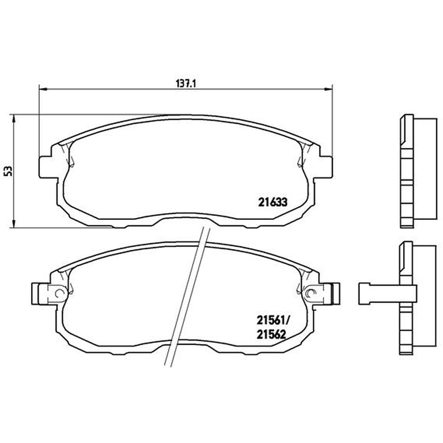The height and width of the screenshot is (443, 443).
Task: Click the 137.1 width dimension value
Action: coord(186,84)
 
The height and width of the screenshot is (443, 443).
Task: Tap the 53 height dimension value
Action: coord(8,171)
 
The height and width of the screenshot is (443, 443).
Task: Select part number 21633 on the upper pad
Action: coord(272,202)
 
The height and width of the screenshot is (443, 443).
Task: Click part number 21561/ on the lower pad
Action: coord(273,321)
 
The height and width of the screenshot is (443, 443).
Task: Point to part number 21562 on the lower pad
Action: coord(271,335)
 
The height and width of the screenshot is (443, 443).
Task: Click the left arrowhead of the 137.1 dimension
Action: coord(43,89)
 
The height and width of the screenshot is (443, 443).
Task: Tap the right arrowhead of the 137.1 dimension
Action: coord(328,89)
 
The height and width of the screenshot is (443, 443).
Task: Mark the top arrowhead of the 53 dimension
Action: coord(13,119)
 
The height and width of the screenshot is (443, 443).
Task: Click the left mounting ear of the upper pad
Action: coord(45,167)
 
